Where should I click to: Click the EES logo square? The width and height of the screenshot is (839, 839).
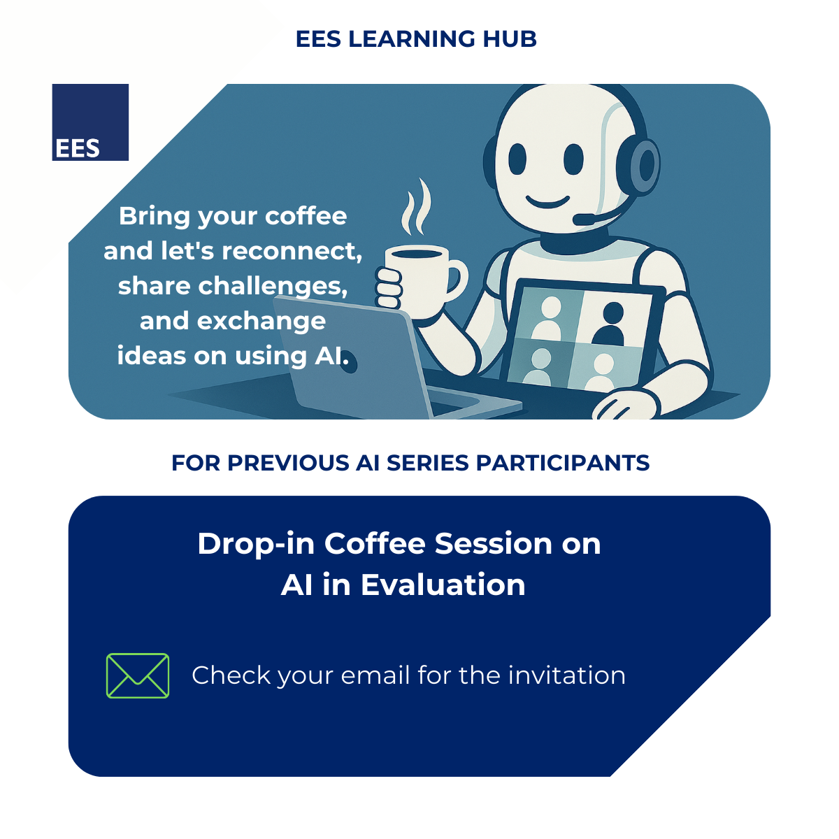point(90,122)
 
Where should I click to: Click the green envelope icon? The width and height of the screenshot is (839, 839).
point(138,675)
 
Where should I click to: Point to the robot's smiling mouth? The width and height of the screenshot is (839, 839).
point(547,202)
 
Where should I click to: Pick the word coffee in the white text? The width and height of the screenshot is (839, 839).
point(306,216)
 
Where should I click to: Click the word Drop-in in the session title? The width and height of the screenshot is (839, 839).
point(256,545)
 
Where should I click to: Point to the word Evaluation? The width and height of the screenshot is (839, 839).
point(443,585)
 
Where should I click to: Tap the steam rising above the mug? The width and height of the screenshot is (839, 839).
point(416,206)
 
